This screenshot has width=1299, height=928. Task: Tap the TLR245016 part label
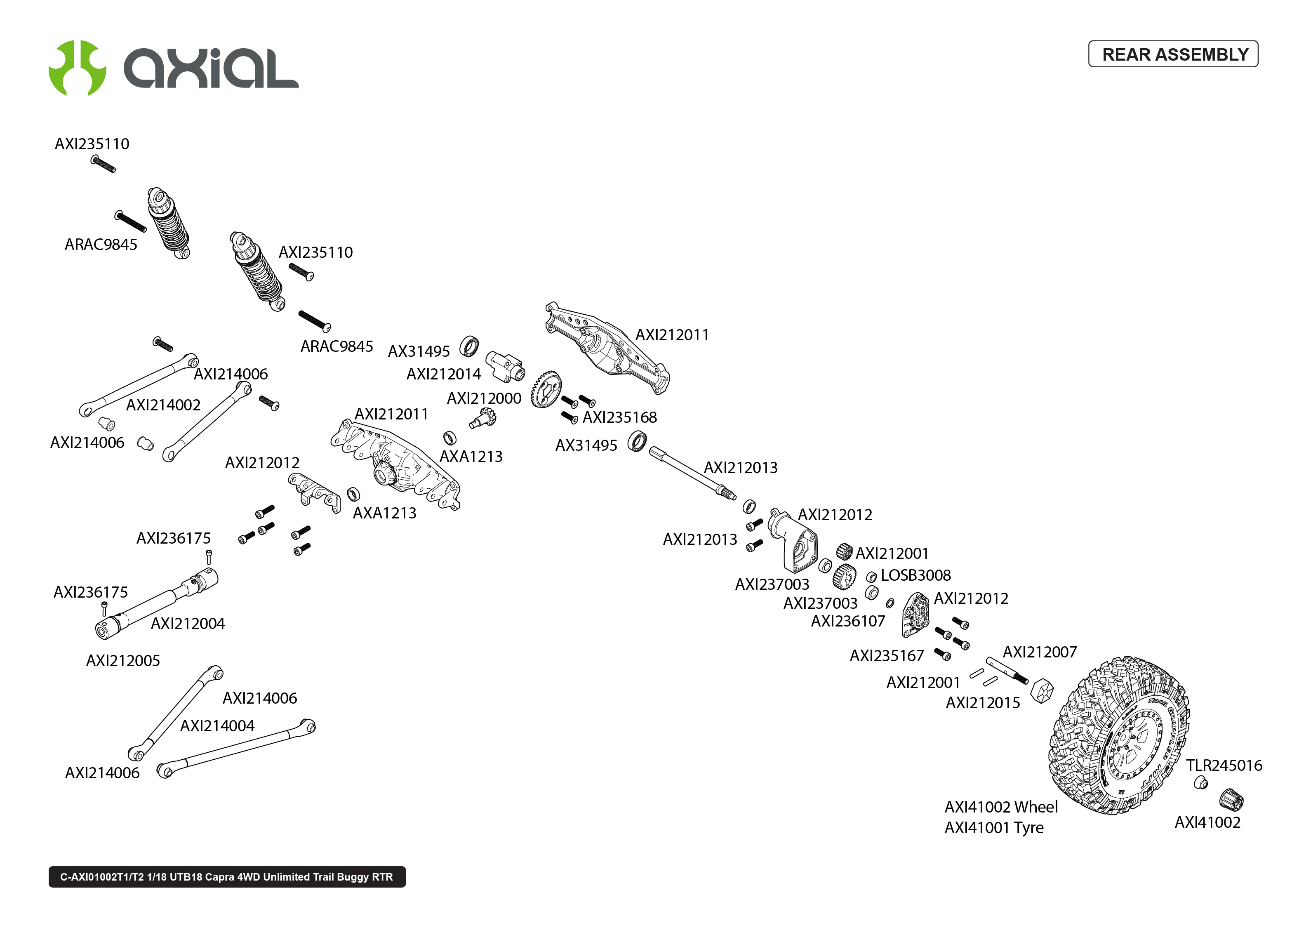point(1224,765)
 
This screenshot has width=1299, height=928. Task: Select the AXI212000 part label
point(483,398)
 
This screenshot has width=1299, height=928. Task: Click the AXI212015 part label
point(983,702)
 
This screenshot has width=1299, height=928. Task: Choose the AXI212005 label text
point(123,661)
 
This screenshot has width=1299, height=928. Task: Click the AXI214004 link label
point(217,726)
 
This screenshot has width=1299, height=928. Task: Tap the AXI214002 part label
point(163,405)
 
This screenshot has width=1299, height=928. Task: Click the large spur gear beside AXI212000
point(546,390)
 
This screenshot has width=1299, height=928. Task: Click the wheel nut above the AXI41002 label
point(1231,799)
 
